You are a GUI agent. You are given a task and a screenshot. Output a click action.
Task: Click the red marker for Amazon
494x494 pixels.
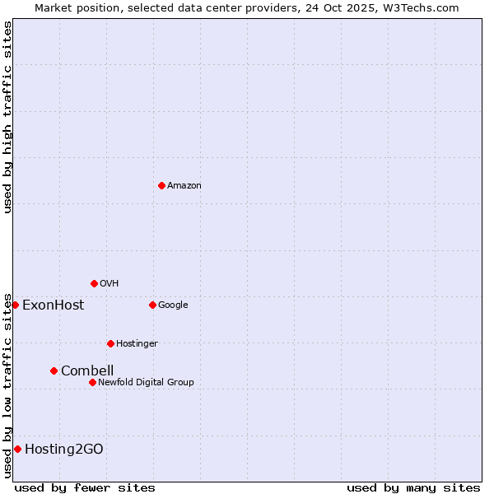pos(161,185)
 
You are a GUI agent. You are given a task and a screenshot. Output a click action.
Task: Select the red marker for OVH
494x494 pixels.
pos(94,283)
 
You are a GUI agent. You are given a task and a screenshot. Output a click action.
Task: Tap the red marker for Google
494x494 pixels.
pos(152,305)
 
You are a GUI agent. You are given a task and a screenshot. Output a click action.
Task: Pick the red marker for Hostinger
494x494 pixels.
pos(110,343)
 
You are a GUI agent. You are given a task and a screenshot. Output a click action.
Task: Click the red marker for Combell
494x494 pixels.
pos(54,370)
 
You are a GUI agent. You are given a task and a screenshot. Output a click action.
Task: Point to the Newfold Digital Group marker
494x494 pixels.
pos(92,382)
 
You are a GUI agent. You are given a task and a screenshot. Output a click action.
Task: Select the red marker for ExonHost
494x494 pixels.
pos(15,305)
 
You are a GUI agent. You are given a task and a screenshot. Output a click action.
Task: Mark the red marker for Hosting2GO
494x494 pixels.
pos(17,449)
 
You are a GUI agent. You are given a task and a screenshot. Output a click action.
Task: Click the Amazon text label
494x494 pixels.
pos(184,186)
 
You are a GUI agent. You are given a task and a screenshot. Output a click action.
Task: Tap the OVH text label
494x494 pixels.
pos(110,284)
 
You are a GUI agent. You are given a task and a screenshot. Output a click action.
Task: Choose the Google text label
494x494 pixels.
pos(173,305)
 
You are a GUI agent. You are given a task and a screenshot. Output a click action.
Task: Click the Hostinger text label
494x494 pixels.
pos(137,344)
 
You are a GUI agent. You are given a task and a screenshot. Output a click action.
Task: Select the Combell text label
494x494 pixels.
pos(87,371)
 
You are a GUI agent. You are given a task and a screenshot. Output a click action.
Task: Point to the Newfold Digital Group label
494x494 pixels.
pos(146,383)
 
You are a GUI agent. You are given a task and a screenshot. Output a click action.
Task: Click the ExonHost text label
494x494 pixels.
pos(53,305)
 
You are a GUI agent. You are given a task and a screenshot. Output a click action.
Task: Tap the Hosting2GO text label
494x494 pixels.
pos(64,450)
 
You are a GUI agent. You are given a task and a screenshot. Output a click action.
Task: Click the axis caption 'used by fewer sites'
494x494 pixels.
pos(85,487)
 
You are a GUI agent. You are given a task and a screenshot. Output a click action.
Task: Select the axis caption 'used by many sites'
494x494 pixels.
pos(413,487)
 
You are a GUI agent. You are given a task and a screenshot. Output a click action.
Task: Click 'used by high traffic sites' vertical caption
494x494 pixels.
pos(7,117)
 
